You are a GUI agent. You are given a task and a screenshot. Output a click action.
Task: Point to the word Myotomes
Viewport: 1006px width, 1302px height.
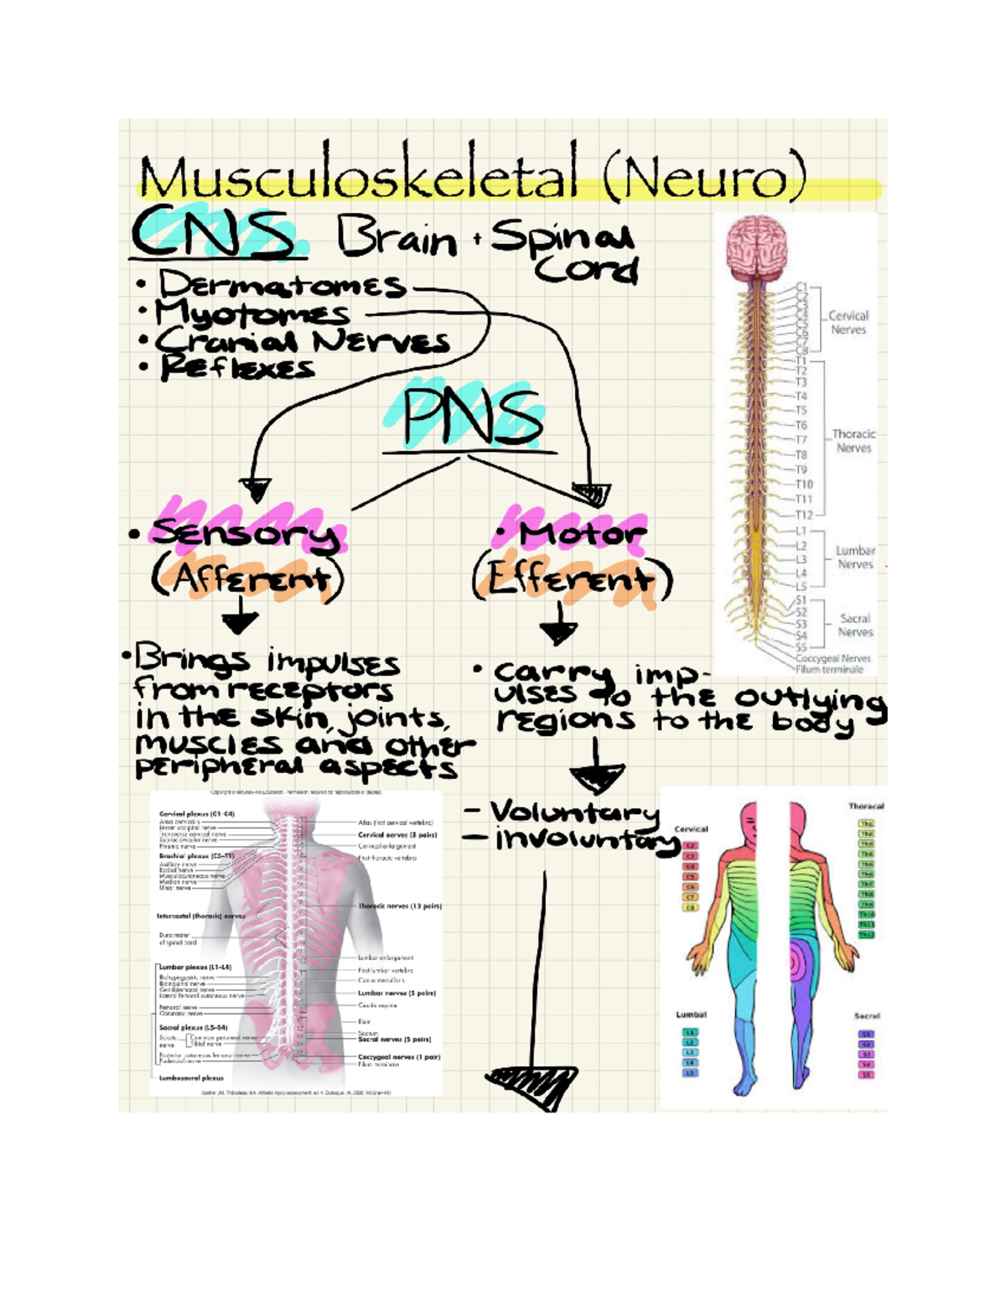click(252, 314)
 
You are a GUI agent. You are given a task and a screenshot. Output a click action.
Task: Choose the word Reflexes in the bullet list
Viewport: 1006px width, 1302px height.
click(238, 367)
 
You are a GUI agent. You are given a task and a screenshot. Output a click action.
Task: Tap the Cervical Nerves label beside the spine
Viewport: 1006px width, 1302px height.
click(848, 323)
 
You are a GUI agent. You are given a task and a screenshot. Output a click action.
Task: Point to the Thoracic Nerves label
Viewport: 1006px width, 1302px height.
click(853, 441)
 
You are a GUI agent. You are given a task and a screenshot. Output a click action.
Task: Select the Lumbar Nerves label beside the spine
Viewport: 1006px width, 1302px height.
click(855, 558)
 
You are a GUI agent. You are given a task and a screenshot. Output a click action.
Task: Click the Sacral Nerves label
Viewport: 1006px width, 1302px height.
click(855, 625)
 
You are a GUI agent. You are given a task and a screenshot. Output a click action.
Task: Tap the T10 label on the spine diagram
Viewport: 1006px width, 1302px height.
click(803, 485)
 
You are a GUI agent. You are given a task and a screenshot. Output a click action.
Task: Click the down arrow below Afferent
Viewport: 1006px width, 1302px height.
click(240, 621)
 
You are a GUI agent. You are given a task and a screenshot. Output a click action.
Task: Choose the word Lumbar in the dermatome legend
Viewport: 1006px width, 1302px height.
click(691, 1014)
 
